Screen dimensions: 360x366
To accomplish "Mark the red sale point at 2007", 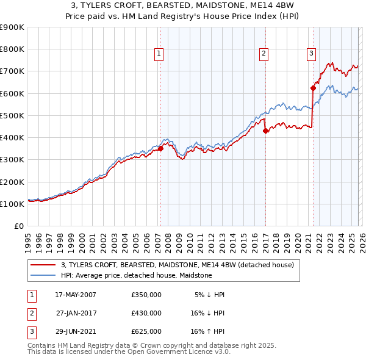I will point(160,148).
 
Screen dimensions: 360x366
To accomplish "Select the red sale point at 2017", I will point(265,131).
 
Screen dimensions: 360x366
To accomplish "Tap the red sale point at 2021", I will point(313,88).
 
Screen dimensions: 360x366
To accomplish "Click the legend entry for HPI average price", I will point(136,275).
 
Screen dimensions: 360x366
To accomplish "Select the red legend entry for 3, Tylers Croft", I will point(178,265).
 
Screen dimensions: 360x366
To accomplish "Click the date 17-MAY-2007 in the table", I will point(75,295).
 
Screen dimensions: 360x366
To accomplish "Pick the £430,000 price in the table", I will point(146,313).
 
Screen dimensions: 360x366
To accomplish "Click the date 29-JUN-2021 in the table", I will point(75,331).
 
